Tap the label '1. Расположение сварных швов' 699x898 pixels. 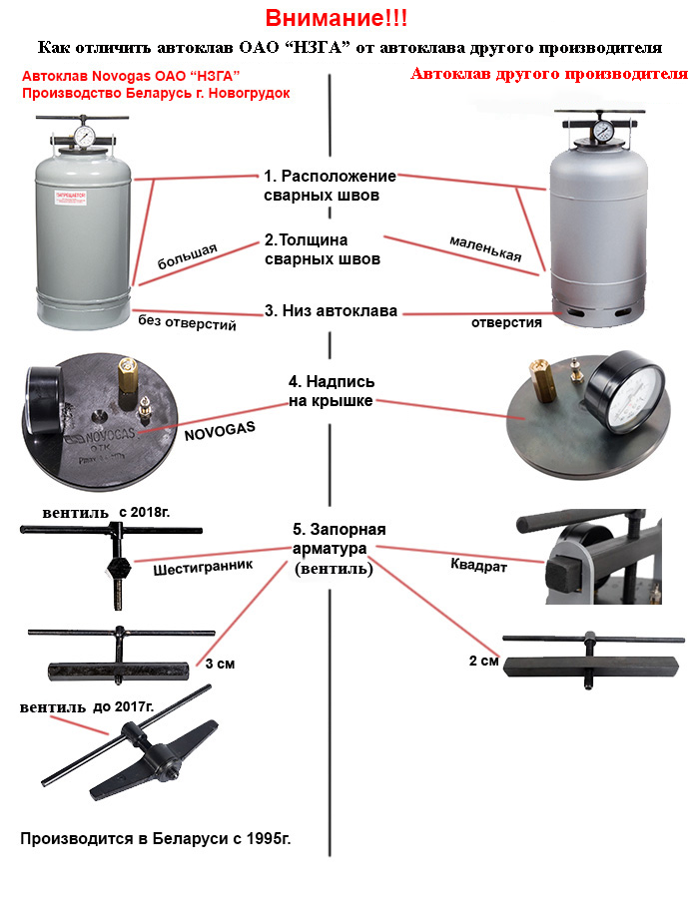330,186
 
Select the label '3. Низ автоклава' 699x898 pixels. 331,311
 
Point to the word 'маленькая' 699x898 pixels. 485,248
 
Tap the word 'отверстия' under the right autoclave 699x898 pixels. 506,322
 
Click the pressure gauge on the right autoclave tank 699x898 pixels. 603,132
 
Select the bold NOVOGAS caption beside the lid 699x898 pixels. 221,426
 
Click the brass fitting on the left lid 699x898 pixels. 127,378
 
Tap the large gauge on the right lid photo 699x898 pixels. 626,392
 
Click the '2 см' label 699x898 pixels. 482,661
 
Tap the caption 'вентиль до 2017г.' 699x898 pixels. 87,707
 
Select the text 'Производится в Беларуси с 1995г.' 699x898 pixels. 157,838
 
